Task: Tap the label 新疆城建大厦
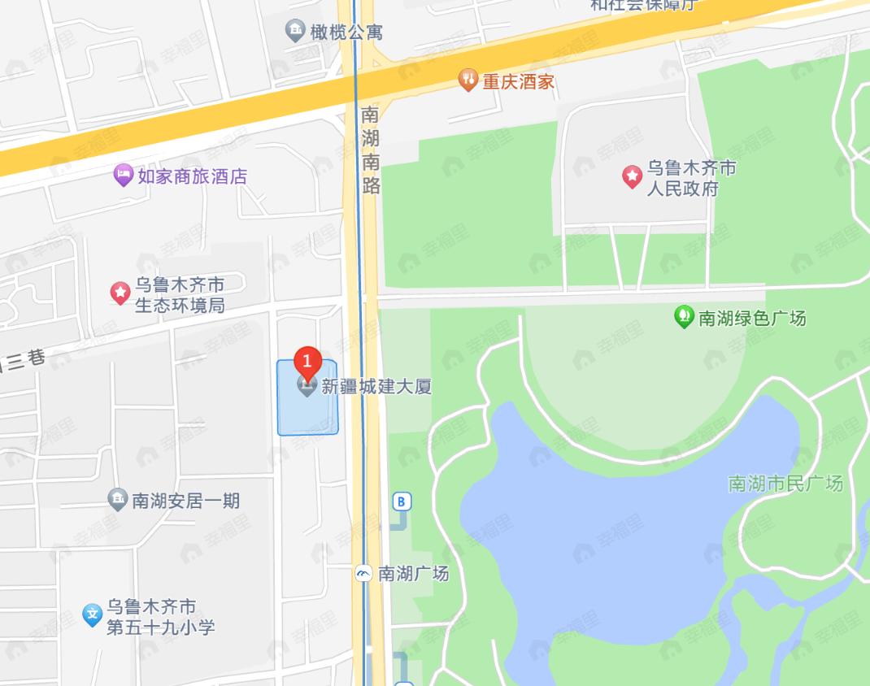[x=376, y=386]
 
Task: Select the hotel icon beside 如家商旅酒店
[x=123, y=175]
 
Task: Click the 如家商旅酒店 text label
[x=192, y=176]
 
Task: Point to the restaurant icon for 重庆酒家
[x=468, y=80]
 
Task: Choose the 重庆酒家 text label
[x=518, y=81]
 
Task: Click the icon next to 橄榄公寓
[x=295, y=32]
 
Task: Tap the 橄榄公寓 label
[x=346, y=33]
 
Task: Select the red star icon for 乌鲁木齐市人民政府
[x=632, y=177]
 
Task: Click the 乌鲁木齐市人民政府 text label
[x=691, y=179]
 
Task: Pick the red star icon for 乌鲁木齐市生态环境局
[x=120, y=293]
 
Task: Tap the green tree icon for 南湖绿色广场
[x=684, y=316]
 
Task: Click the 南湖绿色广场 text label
[x=752, y=318]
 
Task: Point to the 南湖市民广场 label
[x=785, y=484]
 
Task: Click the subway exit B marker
[x=401, y=501]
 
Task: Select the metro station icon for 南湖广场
[x=363, y=574]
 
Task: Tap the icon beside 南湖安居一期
[x=118, y=500]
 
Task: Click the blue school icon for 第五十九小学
[x=93, y=615]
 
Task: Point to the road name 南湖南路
[x=371, y=150]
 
